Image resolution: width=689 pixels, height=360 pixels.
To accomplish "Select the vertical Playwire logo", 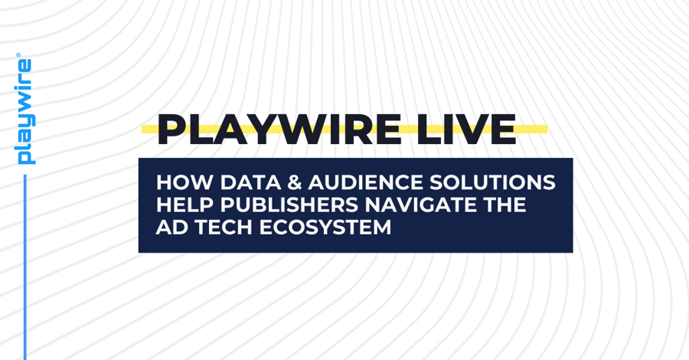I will (25, 111).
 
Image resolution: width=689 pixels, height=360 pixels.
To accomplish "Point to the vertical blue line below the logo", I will (25, 268).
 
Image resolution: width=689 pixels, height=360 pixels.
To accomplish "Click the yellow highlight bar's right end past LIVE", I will (543, 129).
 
